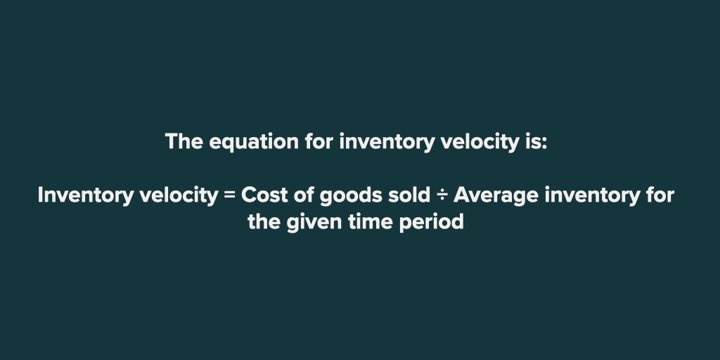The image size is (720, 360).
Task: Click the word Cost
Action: click(263, 195)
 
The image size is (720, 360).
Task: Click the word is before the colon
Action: click(533, 142)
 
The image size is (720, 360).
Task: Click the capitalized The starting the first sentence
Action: click(184, 142)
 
